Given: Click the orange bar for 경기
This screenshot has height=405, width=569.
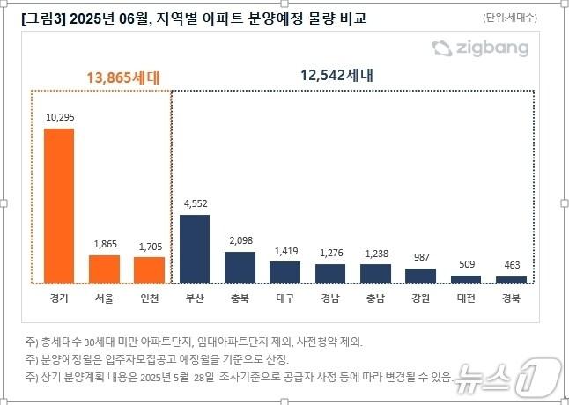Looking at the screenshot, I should pos(59,205).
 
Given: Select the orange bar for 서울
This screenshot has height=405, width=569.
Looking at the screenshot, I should pos(104,269).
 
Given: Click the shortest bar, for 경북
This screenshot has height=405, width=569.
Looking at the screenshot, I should pos(512,279).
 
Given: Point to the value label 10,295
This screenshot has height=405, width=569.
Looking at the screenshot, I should pos(59,116).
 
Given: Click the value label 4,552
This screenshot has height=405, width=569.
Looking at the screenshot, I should pos(195,203).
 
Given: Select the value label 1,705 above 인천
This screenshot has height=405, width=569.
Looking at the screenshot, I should pos(149,245).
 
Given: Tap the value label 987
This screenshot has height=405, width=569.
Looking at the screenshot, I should pos(421,256).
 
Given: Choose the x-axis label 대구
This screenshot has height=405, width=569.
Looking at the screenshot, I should pos(284,298).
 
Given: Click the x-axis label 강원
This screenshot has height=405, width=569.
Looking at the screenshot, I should pos(421,298).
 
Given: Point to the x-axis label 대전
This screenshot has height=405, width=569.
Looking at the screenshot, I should pos(466,298).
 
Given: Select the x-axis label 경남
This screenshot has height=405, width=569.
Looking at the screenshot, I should pos(330,298).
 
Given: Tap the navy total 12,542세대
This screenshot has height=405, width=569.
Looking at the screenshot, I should pos(335,76).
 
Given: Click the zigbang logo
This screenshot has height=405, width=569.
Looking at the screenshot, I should pos(480,48).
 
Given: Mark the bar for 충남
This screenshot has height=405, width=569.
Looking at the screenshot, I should pos(375,274).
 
